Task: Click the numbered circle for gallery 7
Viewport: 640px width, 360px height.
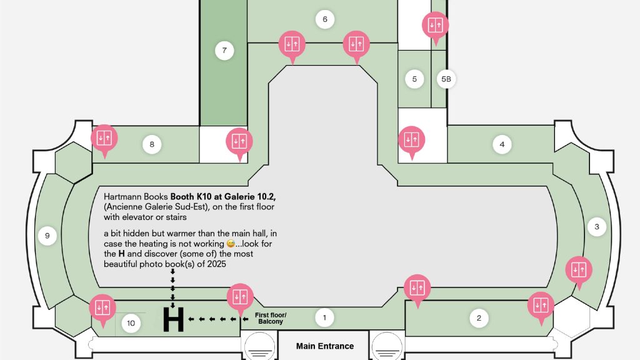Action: [x=224, y=51]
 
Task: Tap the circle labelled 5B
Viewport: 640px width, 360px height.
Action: [x=446, y=79]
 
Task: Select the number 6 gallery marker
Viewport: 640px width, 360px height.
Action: [x=325, y=19]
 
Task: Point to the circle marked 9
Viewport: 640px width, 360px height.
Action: [x=47, y=236]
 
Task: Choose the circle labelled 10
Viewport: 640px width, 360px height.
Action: [x=131, y=323]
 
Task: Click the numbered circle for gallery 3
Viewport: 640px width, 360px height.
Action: [x=597, y=227]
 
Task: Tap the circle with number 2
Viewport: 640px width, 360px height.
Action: [x=479, y=318]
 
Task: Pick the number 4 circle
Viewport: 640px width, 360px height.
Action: [x=502, y=144]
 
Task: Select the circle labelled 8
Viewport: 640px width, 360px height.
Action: [x=152, y=144]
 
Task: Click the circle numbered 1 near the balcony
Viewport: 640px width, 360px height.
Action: [x=324, y=317]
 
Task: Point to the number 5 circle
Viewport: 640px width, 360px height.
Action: [x=414, y=79]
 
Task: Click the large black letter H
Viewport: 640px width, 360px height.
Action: [x=174, y=319]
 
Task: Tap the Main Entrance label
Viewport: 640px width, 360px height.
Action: [x=325, y=346]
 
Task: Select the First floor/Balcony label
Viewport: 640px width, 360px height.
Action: [x=271, y=318]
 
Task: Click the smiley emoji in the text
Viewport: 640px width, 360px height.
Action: [x=231, y=244]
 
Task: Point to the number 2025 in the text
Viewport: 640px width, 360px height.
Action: [x=216, y=264]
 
